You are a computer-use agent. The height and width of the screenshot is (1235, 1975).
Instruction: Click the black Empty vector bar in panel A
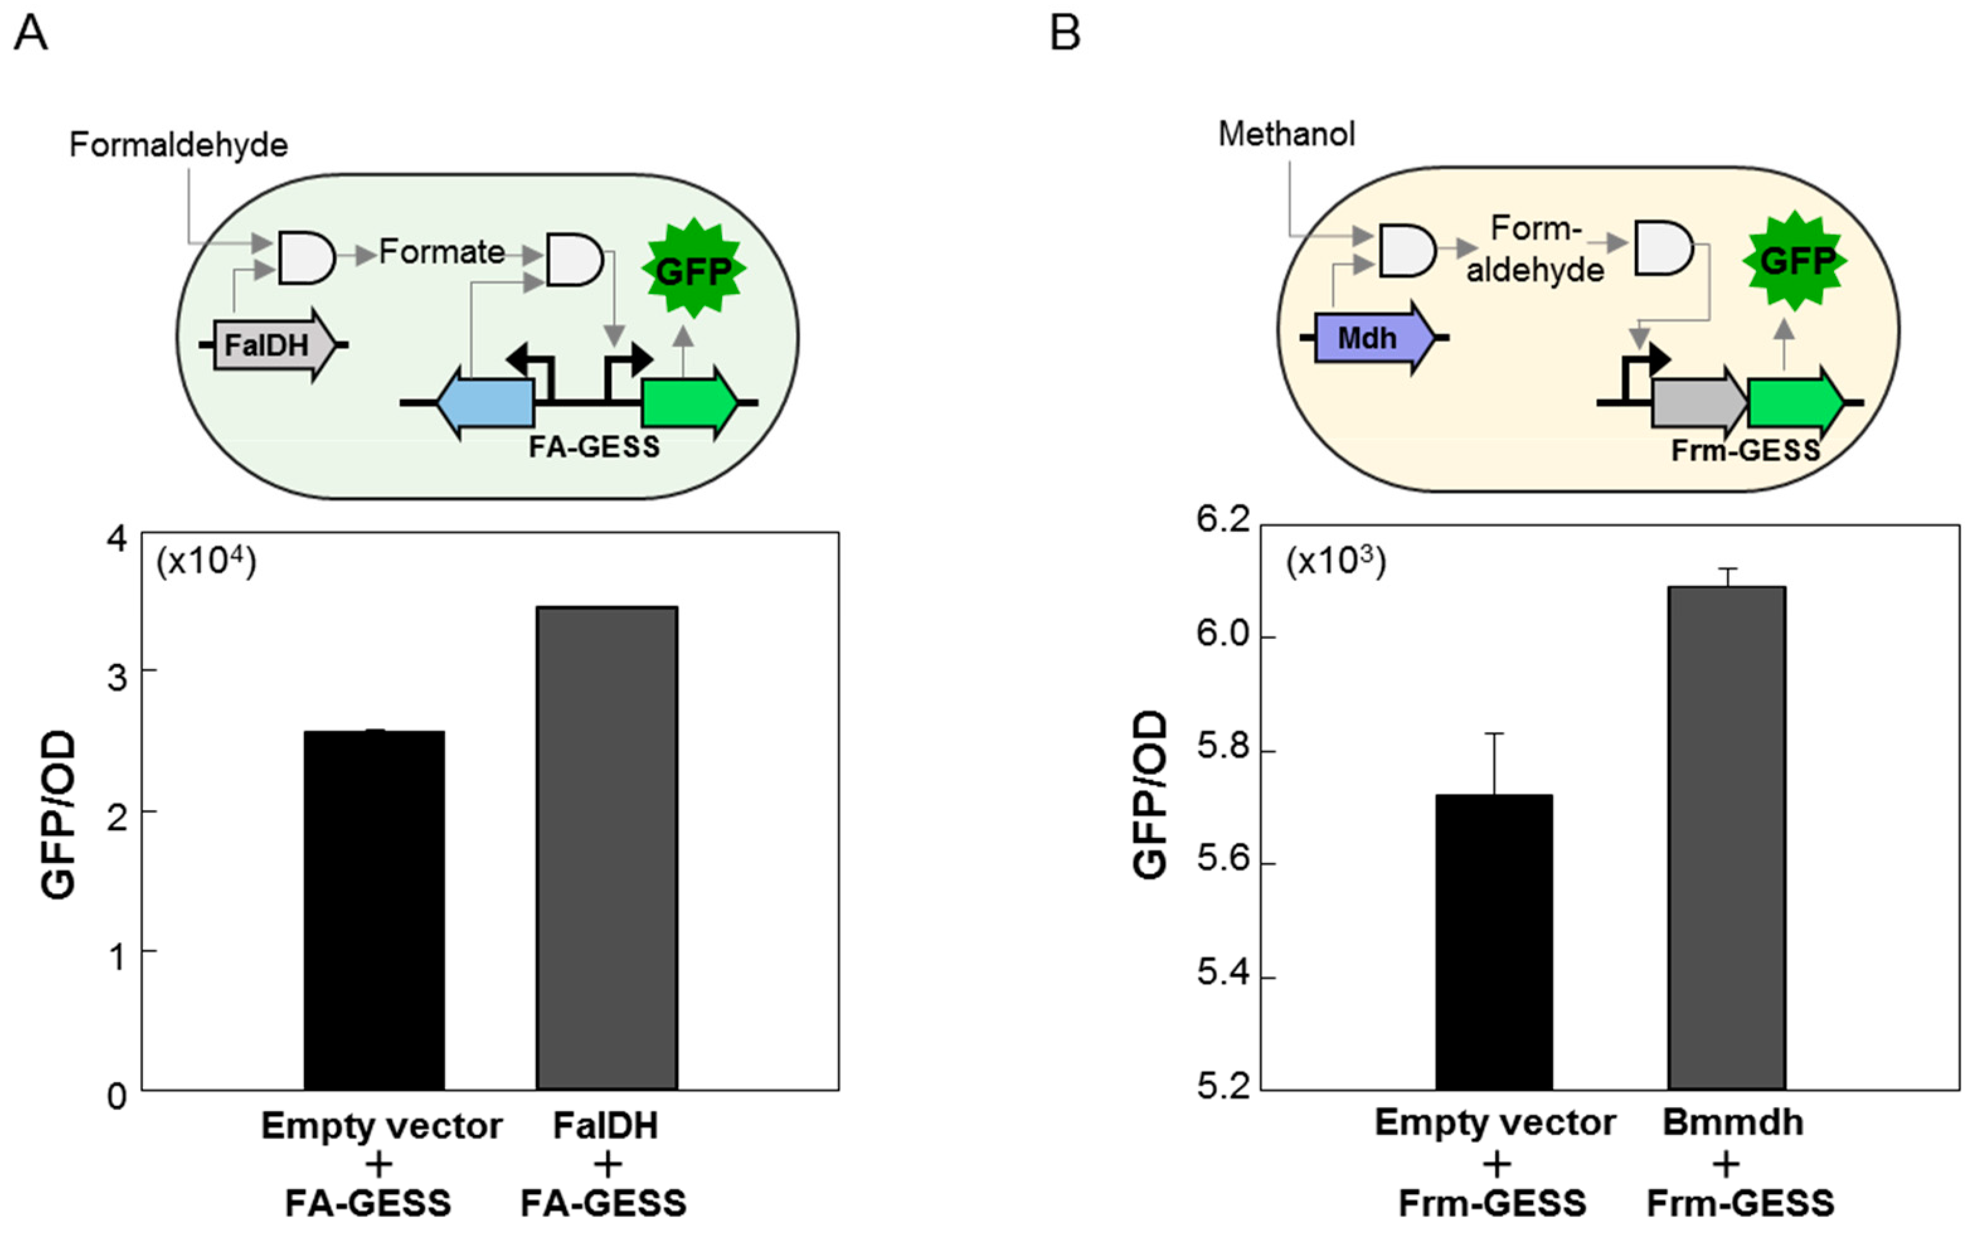[x=374, y=910]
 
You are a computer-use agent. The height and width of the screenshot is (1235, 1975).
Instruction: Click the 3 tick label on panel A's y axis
[x=117, y=675]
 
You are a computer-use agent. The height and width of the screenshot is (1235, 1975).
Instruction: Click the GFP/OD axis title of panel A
[x=59, y=815]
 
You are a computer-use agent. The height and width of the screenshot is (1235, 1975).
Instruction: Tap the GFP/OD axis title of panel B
[x=1150, y=795]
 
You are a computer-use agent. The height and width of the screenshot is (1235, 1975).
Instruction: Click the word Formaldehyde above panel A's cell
[x=179, y=145]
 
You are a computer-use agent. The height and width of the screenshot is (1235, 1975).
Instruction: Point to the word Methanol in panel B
[x=1286, y=134]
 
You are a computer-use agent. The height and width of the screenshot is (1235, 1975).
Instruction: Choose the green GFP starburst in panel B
[x=1794, y=261]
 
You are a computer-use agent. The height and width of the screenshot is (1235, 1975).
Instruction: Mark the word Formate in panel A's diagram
[x=442, y=252]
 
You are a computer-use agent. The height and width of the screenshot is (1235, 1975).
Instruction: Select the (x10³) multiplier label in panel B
[x=1336, y=563]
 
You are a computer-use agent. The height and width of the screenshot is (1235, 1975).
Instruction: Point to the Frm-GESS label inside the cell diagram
[x=1745, y=450]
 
